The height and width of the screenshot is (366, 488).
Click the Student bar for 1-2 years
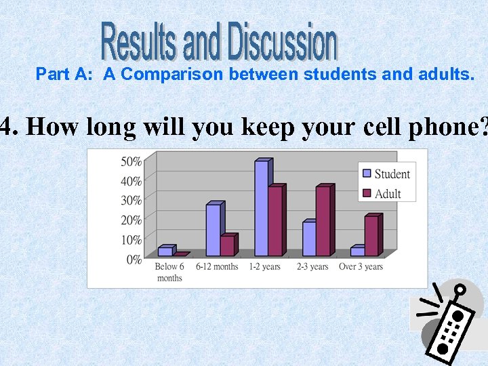[x=262, y=209]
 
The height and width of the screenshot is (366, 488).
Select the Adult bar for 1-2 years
[x=275, y=221]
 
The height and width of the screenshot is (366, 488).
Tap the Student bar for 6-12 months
[x=213, y=230]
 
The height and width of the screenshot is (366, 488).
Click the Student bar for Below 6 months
[x=165, y=251]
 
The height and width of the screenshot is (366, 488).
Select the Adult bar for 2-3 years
[x=323, y=221]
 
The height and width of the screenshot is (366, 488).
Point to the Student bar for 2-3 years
[x=309, y=239]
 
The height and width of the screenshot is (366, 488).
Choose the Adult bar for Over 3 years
[x=371, y=236]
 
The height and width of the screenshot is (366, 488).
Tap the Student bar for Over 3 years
[x=357, y=251]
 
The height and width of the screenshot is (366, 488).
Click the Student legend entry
[x=386, y=174]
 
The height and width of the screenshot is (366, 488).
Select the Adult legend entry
[x=382, y=194]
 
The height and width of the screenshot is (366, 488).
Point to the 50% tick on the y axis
[x=131, y=161]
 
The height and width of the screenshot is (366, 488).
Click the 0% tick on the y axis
[x=133, y=259]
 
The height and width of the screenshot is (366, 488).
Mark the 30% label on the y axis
[x=131, y=200]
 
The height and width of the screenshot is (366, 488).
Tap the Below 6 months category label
[x=169, y=272]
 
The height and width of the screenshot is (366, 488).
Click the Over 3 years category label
[x=361, y=266]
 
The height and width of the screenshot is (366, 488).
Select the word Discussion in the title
[x=282, y=42]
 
